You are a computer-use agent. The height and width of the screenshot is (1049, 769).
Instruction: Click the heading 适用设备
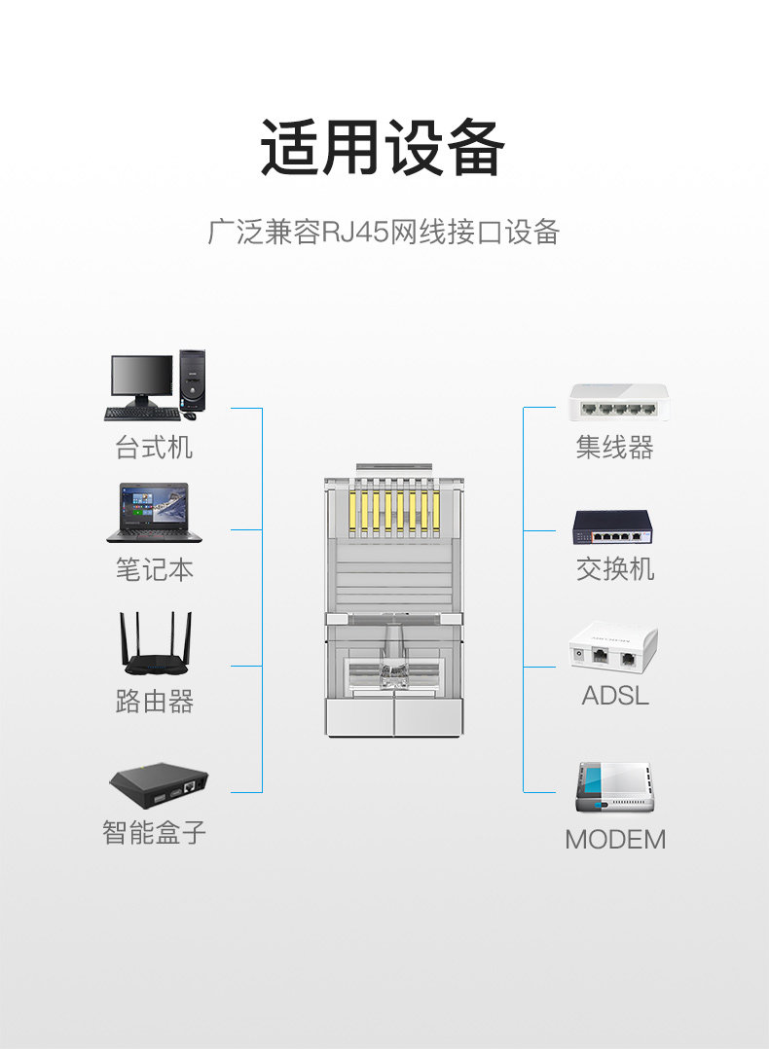[x=384, y=149]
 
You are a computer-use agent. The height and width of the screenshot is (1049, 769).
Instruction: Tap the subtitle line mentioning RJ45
[x=384, y=233]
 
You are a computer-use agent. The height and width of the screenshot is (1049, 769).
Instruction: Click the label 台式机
[x=154, y=448]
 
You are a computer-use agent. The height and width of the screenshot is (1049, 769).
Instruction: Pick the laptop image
[x=154, y=513]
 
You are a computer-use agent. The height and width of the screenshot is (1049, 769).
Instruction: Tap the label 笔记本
[x=154, y=569]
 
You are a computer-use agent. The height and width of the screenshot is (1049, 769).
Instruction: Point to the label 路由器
[x=154, y=701]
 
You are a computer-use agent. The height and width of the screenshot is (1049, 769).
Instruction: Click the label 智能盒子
[x=154, y=832]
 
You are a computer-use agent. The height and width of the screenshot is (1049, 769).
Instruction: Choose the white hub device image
[x=617, y=402]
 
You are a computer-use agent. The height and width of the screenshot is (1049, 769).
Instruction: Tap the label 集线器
[x=614, y=448]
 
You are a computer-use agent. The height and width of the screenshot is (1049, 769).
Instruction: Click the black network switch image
[x=612, y=527]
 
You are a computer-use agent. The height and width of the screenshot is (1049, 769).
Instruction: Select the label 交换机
[x=614, y=569]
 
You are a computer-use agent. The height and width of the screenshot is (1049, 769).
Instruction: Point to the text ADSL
[x=614, y=696]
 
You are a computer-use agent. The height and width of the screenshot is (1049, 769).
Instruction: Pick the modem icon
[x=614, y=787]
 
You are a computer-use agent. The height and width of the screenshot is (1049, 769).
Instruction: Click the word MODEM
[x=615, y=839]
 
